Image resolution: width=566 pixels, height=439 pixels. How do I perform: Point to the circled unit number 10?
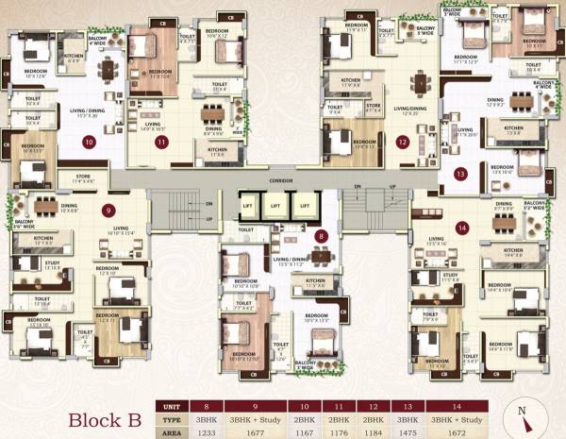click(x=89, y=143)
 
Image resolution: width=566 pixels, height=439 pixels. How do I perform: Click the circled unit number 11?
click(x=161, y=143)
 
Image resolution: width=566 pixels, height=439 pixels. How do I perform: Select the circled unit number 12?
click(x=403, y=143)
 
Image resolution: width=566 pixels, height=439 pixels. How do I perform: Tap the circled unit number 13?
click(x=460, y=174)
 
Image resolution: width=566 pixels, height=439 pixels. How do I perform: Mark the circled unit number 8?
click(x=322, y=236)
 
